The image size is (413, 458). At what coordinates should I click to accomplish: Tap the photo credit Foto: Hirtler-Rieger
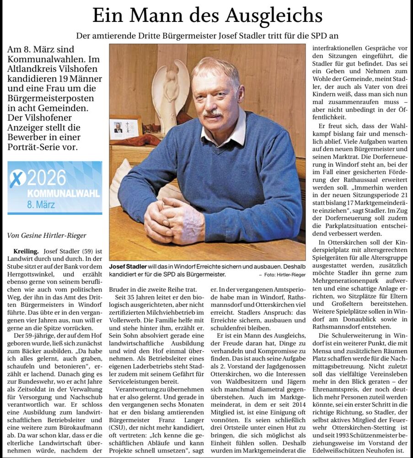click(x=280, y=275)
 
